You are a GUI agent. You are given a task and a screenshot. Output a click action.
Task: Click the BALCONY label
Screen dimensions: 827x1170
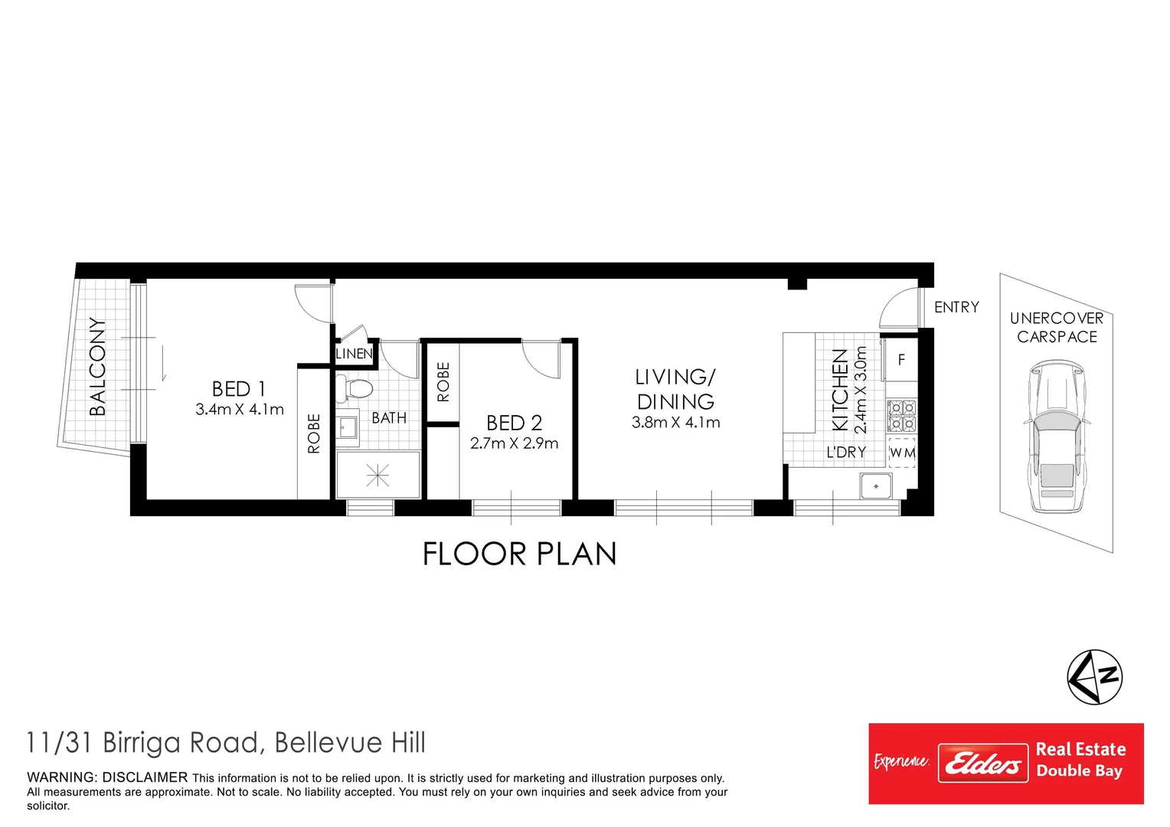[x=97, y=367]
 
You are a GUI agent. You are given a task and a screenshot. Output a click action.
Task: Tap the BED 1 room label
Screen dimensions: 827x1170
[x=239, y=389]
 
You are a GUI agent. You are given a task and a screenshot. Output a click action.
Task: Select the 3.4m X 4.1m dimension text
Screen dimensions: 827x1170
[x=240, y=410]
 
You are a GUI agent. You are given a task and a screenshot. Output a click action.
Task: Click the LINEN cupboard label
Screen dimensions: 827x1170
[x=354, y=354]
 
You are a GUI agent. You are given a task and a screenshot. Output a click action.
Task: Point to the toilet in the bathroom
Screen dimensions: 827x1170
[x=356, y=387]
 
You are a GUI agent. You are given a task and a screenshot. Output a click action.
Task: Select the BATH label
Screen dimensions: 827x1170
[x=389, y=418]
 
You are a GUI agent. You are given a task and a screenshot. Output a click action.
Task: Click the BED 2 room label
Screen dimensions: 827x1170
[x=514, y=423]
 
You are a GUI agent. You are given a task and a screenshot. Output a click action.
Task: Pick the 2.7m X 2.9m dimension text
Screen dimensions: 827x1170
[x=514, y=443]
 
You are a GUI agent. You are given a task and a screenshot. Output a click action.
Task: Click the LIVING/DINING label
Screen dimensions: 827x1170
[x=675, y=389]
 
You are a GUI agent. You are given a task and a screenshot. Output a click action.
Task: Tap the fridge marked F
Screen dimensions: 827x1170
[x=901, y=359]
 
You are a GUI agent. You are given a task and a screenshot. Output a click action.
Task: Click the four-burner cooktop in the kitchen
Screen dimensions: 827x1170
[x=901, y=416]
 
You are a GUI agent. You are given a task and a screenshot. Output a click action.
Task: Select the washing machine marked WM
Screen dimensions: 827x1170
[x=902, y=453]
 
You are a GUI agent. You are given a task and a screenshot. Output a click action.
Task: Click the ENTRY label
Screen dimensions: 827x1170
[x=956, y=307]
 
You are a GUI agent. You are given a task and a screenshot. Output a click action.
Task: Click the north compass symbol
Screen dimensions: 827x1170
[x=1094, y=677]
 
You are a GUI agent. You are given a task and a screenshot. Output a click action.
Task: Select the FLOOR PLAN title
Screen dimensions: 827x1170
[x=519, y=554]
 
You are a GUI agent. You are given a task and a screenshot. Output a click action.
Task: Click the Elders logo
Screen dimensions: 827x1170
[x=982, y=763]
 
